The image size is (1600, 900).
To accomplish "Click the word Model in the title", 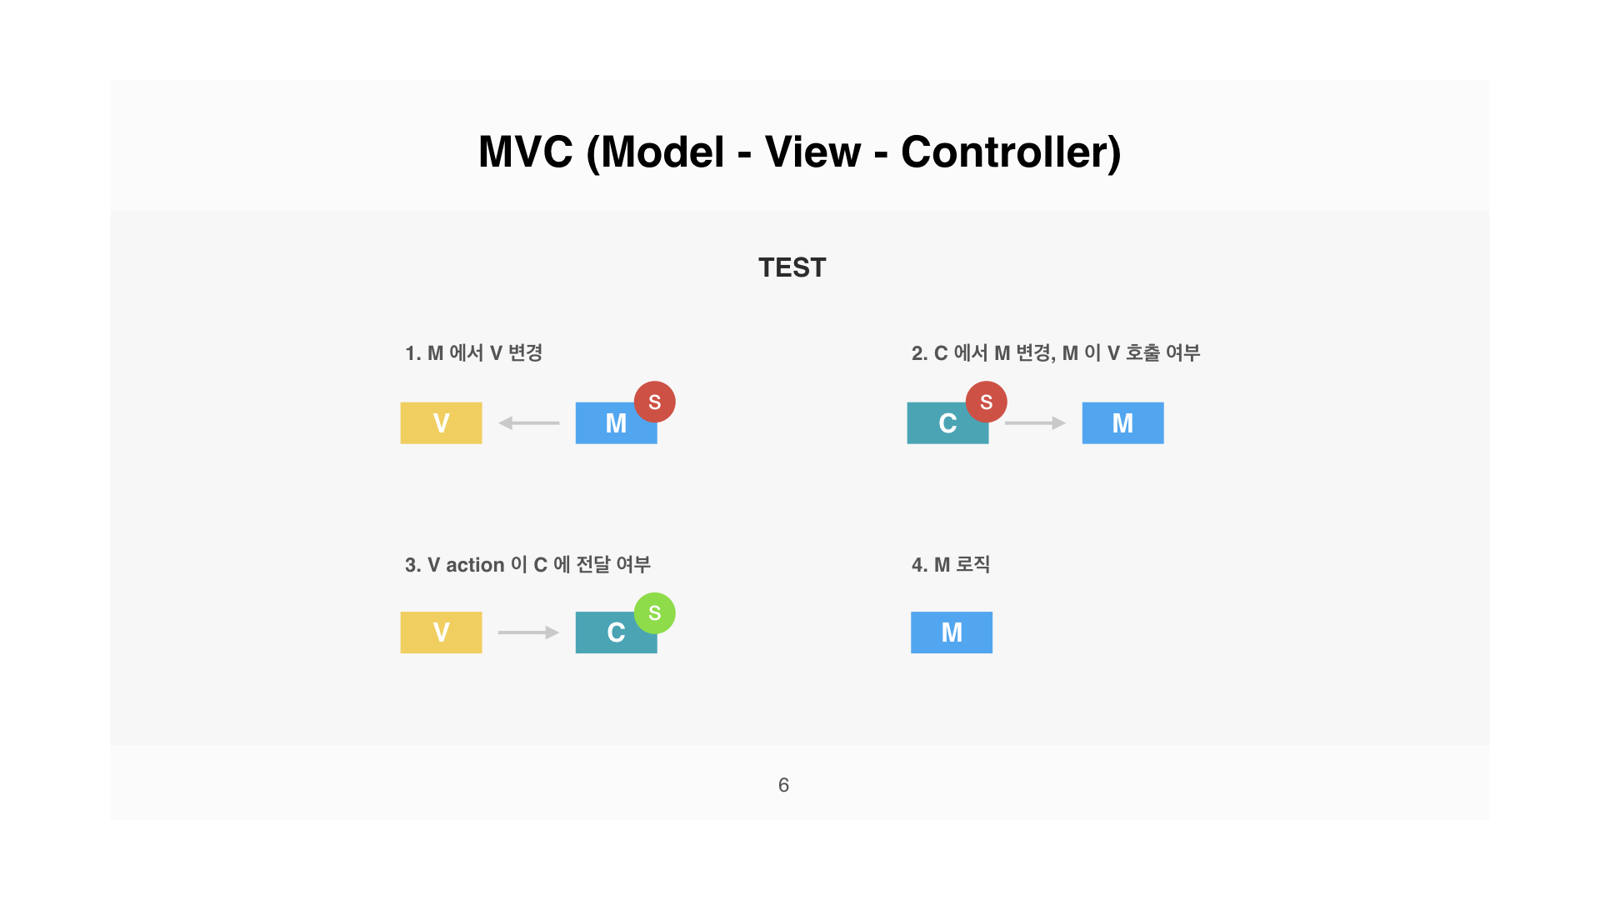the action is click(x=662, y=152).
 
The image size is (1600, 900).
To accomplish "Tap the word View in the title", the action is click(x=812, y=152).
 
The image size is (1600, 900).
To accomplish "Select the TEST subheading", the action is click(x=792, y=267).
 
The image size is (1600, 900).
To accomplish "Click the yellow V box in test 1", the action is click(x=441, y=423).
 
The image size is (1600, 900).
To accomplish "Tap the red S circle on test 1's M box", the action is click(x=655, y=402).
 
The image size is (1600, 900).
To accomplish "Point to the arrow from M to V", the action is click(x=529, y=423).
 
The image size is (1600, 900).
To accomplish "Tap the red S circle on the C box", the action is click(x=987, y=402).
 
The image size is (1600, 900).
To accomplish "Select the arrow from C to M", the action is click(x=1035, y=423).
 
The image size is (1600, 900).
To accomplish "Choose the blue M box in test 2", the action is click(x=1122, y=423).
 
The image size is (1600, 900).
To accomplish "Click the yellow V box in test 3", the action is click(x=441, y=632).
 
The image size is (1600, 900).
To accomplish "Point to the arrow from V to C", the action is click(x=528, y=632).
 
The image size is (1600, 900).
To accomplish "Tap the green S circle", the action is click(x=655, y=613).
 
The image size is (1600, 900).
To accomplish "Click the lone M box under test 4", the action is click(x=952, y=632).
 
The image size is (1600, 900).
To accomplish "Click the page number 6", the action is click(x=783, y=785).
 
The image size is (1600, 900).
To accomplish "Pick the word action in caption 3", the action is click(x=475, y=565).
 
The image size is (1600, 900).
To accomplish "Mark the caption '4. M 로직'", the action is click(x=951, y=565).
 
